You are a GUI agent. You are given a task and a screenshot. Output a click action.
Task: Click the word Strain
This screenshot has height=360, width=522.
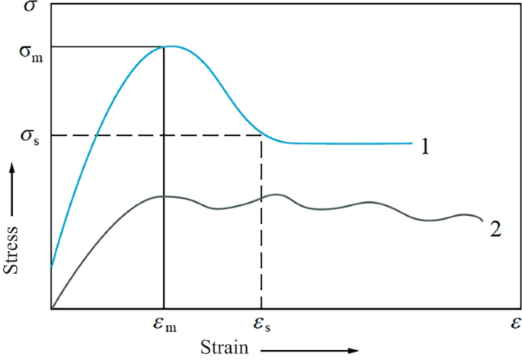[225, 348]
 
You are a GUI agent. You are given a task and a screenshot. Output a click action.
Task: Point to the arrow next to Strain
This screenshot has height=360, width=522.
[308, 350]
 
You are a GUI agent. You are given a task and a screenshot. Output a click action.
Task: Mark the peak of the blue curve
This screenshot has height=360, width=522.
[171, 47]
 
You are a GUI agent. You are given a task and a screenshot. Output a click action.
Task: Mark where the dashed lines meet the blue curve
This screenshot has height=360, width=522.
[262, 136]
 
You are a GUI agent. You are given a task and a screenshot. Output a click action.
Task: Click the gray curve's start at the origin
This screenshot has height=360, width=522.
[52, 309]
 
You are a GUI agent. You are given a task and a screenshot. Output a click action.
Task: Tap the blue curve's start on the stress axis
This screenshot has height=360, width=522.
[52, 266]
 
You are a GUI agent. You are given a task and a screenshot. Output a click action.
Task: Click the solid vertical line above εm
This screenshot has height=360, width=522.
[165, 229]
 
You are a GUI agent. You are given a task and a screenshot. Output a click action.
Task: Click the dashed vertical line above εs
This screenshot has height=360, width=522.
[262, 229]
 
